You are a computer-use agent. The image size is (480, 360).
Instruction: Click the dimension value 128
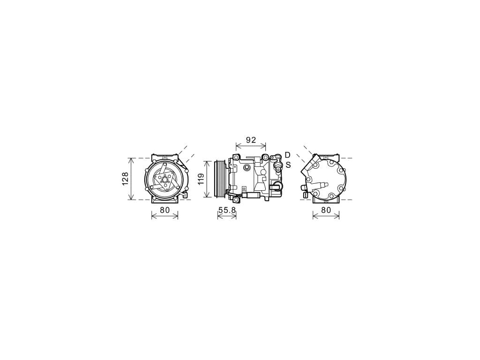tap(125, 179)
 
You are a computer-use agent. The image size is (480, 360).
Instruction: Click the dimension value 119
tap(201, 179)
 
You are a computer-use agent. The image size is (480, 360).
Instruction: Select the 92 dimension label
tap(251, 140)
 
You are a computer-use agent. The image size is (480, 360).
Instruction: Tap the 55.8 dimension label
tap(227, 210)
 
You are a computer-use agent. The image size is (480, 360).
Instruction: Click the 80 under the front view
tap(165, 210)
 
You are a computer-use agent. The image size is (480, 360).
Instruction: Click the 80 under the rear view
tap(326, 210)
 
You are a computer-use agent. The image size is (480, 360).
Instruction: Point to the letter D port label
tap(287, 155)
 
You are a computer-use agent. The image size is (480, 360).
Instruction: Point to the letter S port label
tap(288, 165)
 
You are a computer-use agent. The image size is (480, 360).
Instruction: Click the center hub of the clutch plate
tap(165, 180)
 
